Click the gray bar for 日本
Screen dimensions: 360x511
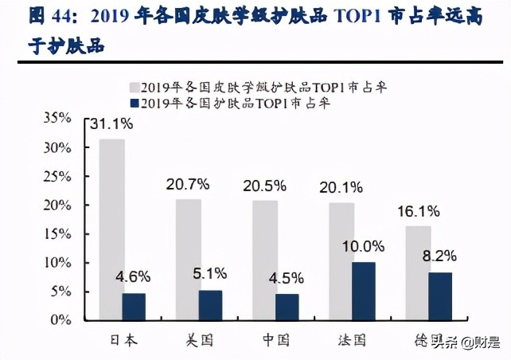111,229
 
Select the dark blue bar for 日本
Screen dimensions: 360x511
134,306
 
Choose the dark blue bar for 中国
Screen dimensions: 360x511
287,307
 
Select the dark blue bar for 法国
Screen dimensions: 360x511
364,291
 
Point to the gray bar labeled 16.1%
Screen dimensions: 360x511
418,272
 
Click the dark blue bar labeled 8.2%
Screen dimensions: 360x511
441,295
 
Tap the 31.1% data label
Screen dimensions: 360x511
115,124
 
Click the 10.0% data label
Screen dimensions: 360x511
364,246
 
